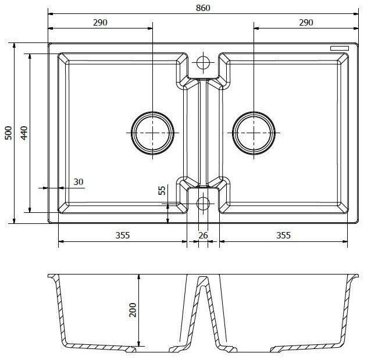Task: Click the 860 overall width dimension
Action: (203, 8)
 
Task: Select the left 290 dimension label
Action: (100, 23)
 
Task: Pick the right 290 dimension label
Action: (306, 23)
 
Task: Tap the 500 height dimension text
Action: (8, 133)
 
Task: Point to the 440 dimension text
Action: (24, 133)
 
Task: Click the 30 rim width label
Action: (79, 182)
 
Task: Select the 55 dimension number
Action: (162, 190)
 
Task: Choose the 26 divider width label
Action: (203, 236)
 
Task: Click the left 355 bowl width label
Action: (123, 236)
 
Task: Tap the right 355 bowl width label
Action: (283, 236)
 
